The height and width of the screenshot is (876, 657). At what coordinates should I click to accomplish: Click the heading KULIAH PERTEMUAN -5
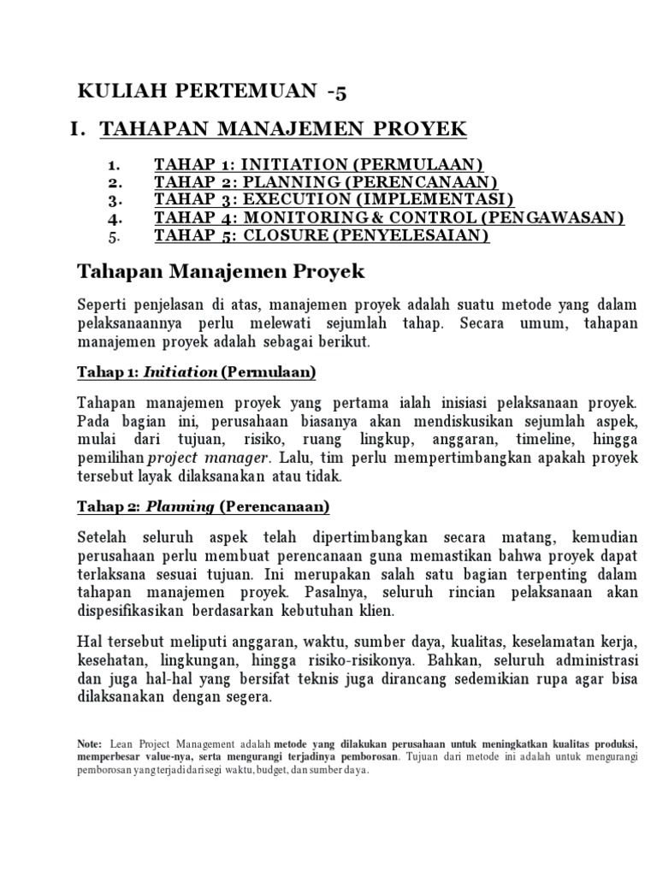click(x=213, y=92)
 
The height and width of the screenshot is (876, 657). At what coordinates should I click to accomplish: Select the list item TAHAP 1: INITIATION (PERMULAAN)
click(x=318, y=164)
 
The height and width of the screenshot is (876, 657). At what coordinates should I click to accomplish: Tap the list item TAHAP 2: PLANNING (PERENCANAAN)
click(x=326, y=182)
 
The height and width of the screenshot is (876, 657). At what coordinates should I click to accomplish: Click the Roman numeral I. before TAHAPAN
click(x=79, y=129)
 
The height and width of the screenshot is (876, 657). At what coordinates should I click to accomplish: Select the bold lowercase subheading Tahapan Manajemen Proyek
click(x=221, y=272)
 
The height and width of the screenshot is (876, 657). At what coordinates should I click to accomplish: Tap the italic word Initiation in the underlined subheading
click(x=180, y=372)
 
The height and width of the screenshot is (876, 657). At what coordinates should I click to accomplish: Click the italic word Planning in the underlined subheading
click(x=180, y=506)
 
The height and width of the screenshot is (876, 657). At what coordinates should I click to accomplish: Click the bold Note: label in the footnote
click(x=89, y=744)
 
